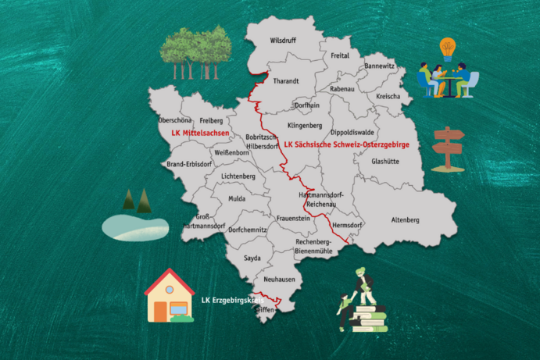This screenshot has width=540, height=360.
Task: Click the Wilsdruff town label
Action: tap(284, 38)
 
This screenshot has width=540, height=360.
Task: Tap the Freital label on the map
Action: tap(340, 56)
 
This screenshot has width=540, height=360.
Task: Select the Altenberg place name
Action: tap(406, 220)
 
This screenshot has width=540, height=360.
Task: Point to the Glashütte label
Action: tap(386, 162)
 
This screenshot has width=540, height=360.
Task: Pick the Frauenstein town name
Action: tap(295, 220)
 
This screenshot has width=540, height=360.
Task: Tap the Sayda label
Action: tap(252, 257)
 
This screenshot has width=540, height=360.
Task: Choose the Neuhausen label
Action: tap(279, 279)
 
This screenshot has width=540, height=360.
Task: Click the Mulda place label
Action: tap(237, 199)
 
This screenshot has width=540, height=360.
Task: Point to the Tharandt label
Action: tap(287, 80)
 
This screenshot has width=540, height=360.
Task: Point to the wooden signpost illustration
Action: tap(447, 148)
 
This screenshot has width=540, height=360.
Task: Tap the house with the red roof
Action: tap(170, 296)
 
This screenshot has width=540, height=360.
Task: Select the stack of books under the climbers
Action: tap(365, 318)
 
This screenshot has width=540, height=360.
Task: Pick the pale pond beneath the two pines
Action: tap(135, 227)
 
